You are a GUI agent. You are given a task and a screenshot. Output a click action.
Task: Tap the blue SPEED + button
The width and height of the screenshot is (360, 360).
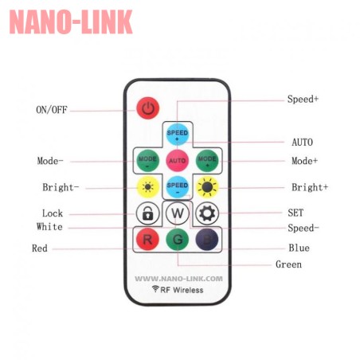pos(178,135)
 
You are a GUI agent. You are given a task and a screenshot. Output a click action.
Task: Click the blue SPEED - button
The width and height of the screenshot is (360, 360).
pos(178,186)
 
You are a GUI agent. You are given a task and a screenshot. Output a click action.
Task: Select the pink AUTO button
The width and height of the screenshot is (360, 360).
pos(178,160)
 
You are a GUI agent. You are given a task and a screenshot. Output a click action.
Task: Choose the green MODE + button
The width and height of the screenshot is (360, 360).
pos(207,160)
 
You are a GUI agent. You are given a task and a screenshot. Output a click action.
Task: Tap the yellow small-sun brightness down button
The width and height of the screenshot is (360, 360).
pos(147,187)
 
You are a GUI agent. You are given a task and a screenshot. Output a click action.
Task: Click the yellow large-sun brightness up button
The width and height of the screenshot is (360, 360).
pos(207,187)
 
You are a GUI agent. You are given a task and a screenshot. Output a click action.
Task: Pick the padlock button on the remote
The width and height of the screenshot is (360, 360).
pos(147,213)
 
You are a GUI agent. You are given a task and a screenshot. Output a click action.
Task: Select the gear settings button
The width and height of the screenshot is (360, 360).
pos(207,213)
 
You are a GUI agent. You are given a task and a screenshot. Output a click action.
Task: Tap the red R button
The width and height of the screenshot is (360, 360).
pos(147,239)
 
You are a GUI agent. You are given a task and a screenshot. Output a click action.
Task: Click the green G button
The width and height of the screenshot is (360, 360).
pos(178,239)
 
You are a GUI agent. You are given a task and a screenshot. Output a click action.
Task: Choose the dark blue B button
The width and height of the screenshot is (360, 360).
pos(207,239)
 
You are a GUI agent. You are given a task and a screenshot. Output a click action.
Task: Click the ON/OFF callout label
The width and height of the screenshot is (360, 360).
pos(52,110)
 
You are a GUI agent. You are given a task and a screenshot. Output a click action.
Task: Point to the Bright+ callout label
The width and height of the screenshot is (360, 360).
pos(310,187)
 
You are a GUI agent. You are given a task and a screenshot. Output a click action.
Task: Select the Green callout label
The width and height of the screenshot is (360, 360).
pos(288,264)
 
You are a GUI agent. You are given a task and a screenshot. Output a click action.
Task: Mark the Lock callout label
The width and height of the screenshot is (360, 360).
pos(53,213)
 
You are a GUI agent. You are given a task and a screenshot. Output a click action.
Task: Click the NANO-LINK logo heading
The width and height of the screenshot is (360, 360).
pos(71,22)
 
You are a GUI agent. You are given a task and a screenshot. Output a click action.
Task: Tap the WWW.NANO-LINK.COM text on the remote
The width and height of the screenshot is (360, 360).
pos(178,279)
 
